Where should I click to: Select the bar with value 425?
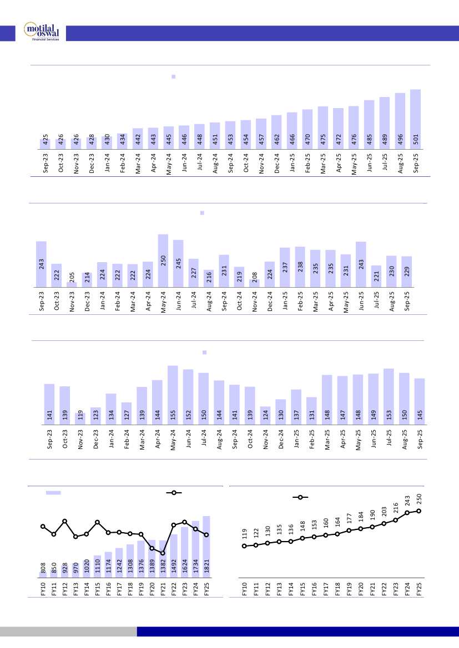tap(45, 144)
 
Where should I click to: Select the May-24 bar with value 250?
tap(163, 261)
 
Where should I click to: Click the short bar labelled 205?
tap(71, 284)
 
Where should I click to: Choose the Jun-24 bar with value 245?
tap(178, 263)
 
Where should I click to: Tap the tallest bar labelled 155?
tap(173, 395)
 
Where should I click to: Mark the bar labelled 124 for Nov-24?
tap(265, 416)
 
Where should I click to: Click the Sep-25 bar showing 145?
tap(420, 402)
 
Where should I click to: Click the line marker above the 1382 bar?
tap(163, 553)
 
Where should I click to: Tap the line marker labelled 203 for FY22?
tap(384, 523)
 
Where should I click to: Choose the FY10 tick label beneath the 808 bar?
tap(43, 589)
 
